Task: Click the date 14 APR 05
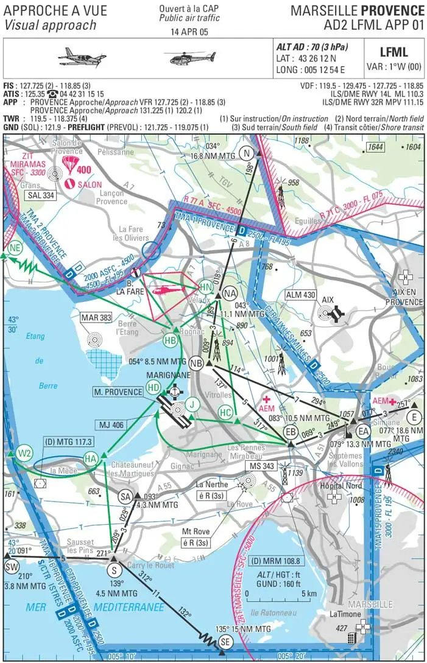tap(189, 32)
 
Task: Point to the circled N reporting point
tap(247, 153)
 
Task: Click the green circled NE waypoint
tap(15, 247)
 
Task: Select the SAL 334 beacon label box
tap(41, 195)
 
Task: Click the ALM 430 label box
tap(301, 295)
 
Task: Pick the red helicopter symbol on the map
tap(166, 290)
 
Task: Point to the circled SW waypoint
tap(11, 566)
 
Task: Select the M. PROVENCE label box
tap(119, 392)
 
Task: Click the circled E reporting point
tap(414, 417)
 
